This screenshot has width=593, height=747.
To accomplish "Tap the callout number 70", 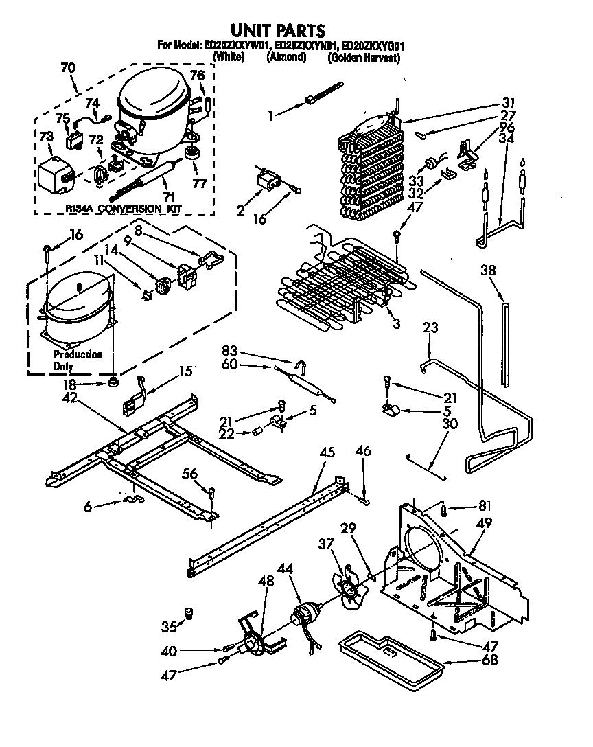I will (x=68, y=68).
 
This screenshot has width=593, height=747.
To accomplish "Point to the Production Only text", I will (x=78, y=360).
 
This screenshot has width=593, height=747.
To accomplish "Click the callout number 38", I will (x=488, y=271).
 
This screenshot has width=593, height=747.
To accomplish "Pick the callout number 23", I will (x=430, y=328).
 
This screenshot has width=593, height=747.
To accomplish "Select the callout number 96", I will (x=507, y=126).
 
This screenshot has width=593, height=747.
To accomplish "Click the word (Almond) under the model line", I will (x=286, y=58).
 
